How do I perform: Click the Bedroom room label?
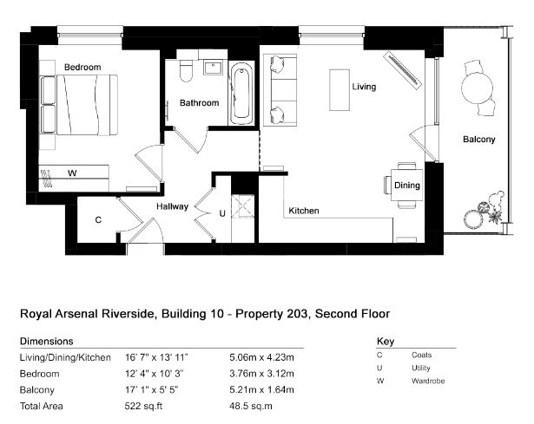[82, 67]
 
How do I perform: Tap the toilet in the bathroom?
[186, 71]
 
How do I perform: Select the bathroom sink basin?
[214, 68]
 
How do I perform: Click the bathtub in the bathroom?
[241, 93]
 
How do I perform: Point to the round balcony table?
[477, 88]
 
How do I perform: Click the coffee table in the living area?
[340, 90]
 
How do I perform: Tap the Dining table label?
[407, 186]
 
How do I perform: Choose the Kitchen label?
[304, 211]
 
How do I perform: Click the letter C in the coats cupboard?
[98, 220]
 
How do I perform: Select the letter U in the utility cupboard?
[222, 213]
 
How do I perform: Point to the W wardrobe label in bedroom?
[72, 173]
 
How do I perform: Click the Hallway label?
[172, 206]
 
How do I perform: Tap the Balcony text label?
[478, 139]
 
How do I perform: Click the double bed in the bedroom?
[79, 105]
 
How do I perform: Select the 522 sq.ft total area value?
[143, 406]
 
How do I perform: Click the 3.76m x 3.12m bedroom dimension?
[261, 374]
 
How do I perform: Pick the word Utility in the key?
[421, 369]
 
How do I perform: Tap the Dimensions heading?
[47, 341]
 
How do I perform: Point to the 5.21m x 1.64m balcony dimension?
[261, 389]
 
